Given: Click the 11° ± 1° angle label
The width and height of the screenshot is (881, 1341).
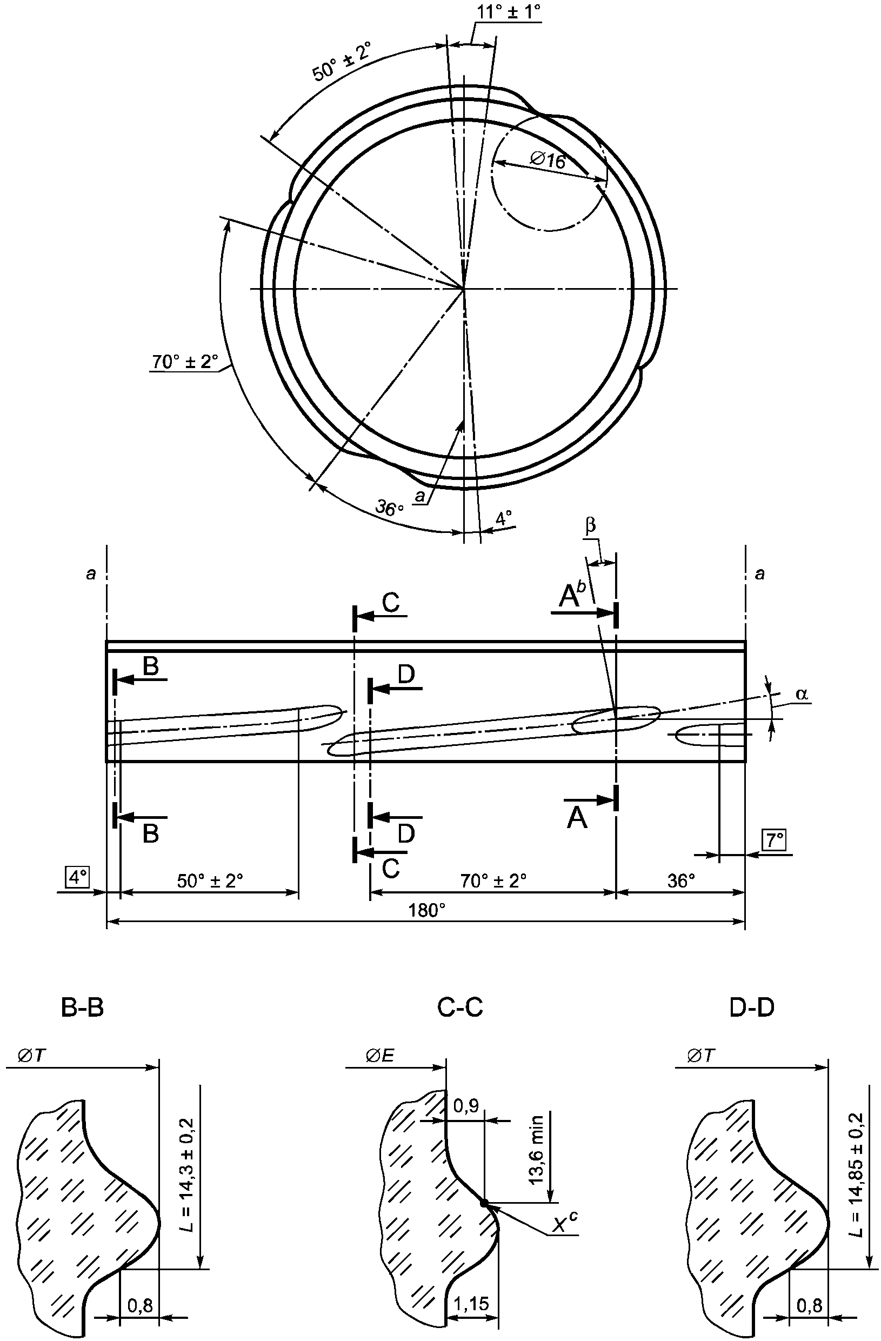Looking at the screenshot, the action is pyautogui.click(x=508, y=11).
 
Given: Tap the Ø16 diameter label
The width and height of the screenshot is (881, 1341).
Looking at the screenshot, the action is pyautogui.click(x=548, y=161).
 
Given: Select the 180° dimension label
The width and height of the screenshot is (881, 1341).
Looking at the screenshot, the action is pyautogui.click(x=428, y=910).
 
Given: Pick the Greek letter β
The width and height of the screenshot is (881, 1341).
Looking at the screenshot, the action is pyautogui.click(x=590, y=526).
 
